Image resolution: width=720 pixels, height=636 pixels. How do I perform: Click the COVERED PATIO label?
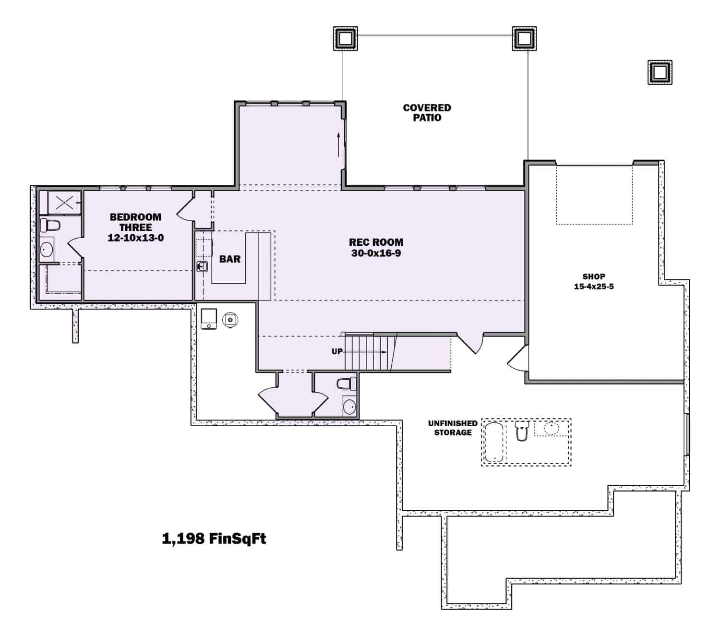click(427, 113)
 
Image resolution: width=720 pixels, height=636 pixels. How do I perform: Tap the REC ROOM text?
click(376, 242)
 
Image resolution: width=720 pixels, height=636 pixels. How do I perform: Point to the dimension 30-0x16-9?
click(376, 253)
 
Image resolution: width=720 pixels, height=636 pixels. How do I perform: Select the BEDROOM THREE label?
click(135, 222)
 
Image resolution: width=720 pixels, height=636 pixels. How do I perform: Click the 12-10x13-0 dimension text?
click(135, 238)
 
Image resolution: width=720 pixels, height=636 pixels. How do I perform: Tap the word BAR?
click(230, 259)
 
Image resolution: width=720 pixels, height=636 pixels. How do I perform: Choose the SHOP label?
click(594, 276)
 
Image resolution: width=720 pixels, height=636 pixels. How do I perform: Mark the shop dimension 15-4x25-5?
click(594, 287)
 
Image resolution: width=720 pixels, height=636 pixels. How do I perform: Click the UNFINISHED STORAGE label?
click(453, 428)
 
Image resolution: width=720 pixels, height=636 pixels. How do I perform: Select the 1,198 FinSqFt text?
click(214, 539)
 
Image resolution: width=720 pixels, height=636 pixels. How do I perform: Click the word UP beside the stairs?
click(337, 351)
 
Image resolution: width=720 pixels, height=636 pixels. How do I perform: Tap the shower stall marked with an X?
click(64, 203)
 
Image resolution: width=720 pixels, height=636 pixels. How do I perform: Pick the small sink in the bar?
click(202, 266)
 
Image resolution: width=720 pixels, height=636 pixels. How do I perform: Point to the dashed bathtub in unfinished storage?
click(494, 442)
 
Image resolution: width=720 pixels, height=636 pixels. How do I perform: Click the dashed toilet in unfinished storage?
click(521, 430)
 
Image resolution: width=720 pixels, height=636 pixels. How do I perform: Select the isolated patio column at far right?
click(660, 72)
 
